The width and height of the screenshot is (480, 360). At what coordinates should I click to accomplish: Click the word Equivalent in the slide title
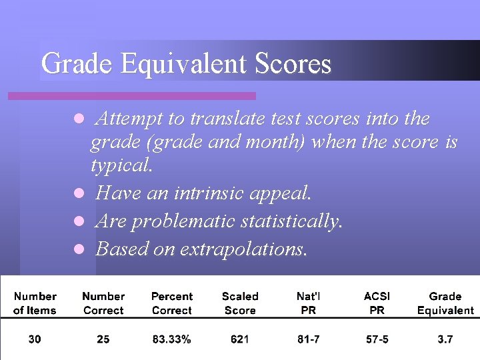[x=184, y=63]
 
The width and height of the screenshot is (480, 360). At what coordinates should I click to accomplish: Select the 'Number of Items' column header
[x=35, y=303]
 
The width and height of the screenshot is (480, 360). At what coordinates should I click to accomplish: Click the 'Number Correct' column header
[x=103, y=303]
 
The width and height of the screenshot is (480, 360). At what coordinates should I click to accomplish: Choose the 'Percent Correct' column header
[x=172, y=303]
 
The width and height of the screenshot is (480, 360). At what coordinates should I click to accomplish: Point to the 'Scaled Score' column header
[x=240, y=303]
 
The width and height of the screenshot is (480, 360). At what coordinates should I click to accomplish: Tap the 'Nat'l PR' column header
[x=309, y=303]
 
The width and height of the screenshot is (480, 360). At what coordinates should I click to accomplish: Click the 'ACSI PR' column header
[x=377, y=303]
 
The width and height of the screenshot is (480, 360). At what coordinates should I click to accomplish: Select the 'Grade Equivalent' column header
[x=445, y=303]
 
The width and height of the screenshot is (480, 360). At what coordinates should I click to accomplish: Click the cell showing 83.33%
[x=172, y=339]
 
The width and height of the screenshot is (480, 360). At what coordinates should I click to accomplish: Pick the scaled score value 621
[x=240, y=339]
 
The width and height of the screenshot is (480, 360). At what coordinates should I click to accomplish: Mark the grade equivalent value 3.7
[x=445, y=339]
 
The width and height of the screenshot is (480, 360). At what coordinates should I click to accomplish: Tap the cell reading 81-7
[x=309, y=339]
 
